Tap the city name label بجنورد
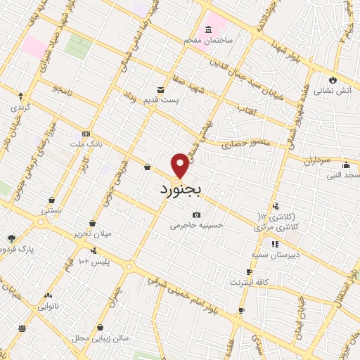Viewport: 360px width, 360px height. [181, 190]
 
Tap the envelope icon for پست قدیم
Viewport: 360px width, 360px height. [161, 89]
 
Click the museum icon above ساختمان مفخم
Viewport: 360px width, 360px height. [208, 30]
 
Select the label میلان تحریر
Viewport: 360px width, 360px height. [92, 233]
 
